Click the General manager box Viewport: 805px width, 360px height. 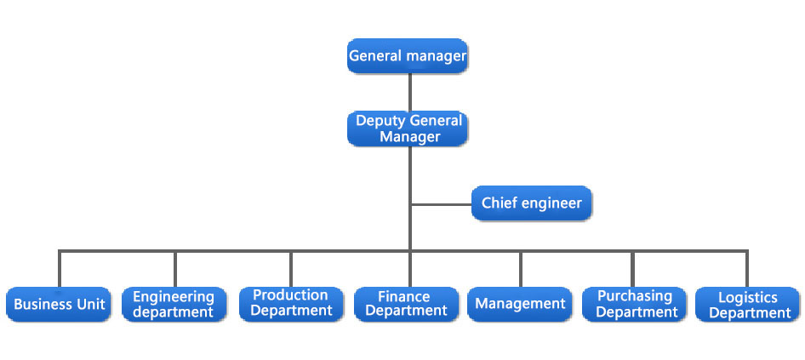coord(407,55)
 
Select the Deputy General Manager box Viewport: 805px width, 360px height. coord(407,129)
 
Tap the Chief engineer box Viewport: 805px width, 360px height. coord(531,203)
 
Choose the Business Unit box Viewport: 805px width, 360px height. coord(59,304)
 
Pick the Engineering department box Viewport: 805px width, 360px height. coord(174,304)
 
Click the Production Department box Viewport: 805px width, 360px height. coord(291,304)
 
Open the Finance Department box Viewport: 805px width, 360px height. coord(407,304)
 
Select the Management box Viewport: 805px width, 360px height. coord(520,304)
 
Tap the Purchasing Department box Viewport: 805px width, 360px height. coord(634,304)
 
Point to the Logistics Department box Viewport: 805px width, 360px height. coord(747,304)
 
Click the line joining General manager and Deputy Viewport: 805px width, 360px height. coord(409,93)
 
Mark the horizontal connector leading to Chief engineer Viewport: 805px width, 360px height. coord(442,204)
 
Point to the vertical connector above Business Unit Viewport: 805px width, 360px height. coord(60,269)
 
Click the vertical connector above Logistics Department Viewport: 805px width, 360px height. coord(747,269)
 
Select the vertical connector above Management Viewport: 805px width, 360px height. coord(520,269)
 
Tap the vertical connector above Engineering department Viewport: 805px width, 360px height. coord(175,269)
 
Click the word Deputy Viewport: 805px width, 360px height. coord(381,122)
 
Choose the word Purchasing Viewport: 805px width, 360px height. coord(635,296)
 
